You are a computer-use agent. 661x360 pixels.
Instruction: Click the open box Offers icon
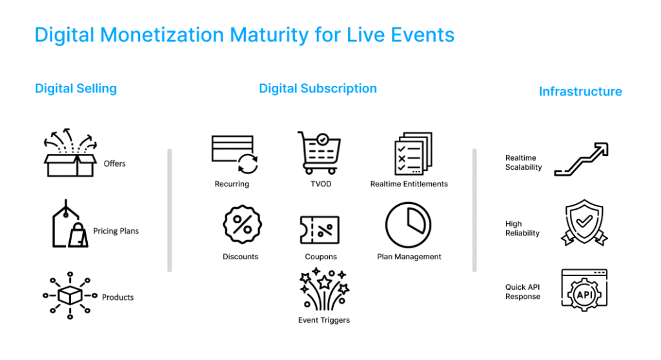click(70, 153)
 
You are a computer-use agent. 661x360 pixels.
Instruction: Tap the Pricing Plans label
click(116, 231)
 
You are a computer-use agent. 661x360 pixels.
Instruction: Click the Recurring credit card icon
click(234, 154)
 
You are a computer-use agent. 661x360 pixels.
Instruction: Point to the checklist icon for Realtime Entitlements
click(413, 153)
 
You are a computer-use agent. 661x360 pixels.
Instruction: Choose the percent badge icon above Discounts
click(242, 225)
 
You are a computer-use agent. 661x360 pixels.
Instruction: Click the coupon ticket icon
click(320, 230)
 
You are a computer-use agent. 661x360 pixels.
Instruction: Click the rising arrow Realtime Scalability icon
click(581, 159)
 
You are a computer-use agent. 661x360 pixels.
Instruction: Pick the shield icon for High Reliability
click(584, 223)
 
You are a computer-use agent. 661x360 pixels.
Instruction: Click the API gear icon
click(584, 290)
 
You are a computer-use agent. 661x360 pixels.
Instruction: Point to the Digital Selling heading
click(76, 88)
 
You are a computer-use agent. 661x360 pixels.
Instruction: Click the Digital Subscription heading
click(318, 88)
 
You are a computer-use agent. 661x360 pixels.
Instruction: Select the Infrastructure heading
click(580, 92)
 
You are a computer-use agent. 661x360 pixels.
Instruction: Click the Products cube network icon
click(70, 295)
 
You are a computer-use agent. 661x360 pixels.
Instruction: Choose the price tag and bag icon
click(70, 223)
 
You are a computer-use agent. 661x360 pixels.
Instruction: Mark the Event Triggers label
click(324, 321)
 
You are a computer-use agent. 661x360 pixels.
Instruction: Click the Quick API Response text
click(523, 292)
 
